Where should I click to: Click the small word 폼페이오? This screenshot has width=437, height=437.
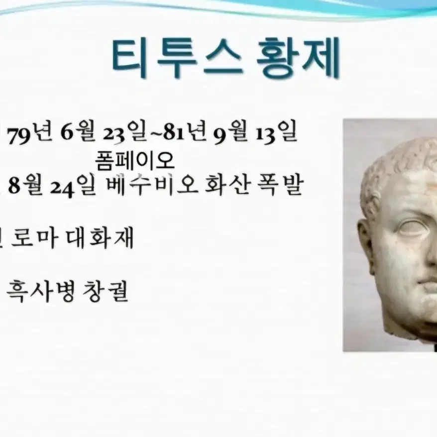tap(135, 161)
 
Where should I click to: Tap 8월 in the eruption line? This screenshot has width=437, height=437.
tap(25, 185)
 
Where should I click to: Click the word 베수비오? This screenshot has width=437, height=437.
tap(152, 184)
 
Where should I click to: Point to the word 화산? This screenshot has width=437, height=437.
tap(226, 184)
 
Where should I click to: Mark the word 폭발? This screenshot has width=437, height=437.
tap(279, 184)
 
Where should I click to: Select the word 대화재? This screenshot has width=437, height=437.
tap(100, 238)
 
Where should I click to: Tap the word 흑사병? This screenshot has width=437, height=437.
tap(40, 292)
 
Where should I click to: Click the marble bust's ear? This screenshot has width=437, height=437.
tap(366, 245)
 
